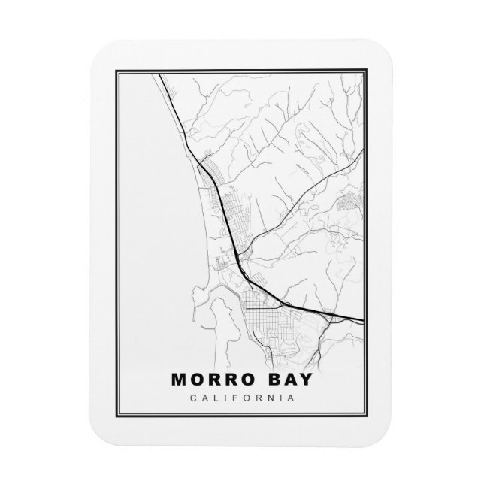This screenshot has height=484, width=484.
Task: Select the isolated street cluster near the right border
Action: tap(351, 201)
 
